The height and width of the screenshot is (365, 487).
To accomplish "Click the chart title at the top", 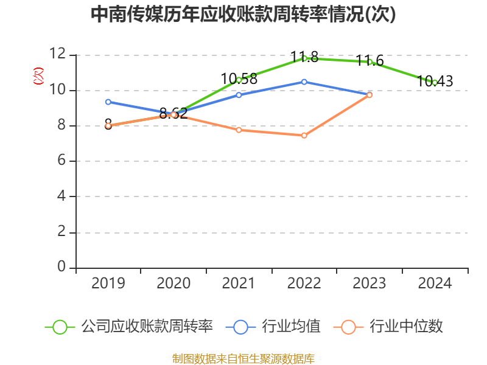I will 243,15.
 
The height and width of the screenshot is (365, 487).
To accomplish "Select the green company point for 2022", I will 304,58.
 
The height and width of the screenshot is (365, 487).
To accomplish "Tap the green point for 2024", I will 435,82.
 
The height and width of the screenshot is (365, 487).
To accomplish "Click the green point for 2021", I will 239,80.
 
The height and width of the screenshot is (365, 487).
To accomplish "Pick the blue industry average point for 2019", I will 108,102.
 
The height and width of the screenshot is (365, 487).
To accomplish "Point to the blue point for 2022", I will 304,82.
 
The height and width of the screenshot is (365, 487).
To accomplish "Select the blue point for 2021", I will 239,95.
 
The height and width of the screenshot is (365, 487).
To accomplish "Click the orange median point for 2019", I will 108,125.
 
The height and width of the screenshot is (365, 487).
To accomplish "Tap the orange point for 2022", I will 304,135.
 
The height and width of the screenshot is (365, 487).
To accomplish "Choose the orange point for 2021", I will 239,130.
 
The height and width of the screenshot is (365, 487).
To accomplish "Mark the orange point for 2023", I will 370,95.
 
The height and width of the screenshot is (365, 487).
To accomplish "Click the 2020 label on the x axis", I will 173,283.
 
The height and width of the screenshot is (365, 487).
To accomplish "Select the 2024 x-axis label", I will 435,283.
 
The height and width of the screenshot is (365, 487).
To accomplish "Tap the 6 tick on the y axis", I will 61,161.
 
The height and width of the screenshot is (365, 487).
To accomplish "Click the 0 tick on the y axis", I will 61,268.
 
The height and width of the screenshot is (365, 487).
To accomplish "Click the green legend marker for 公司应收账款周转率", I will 60,327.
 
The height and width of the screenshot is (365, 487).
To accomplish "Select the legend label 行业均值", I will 291,327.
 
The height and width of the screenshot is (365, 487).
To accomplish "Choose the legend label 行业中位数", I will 407,327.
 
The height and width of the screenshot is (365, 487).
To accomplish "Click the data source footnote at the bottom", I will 243,358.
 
